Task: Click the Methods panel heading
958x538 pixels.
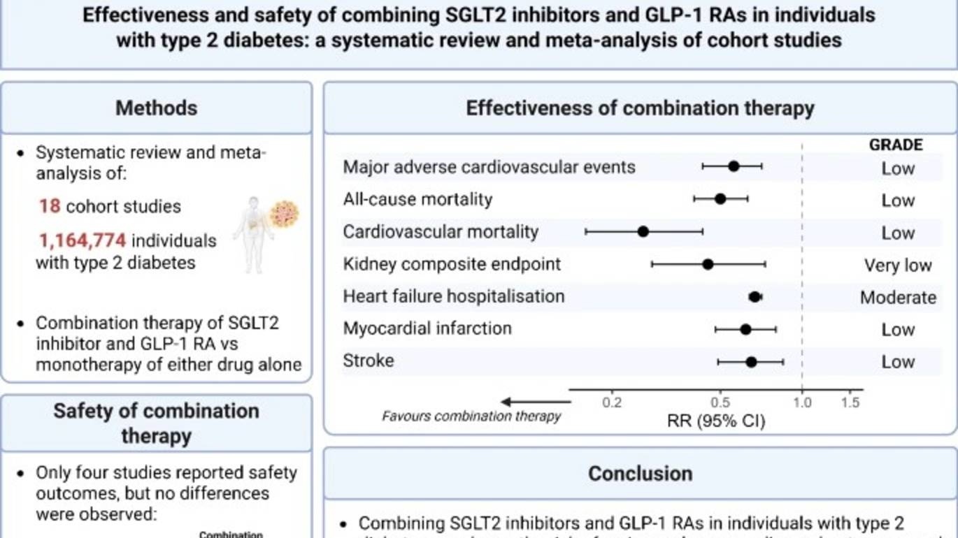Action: click(x=156, y=108)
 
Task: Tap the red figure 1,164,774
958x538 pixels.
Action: click(x=83, y=240)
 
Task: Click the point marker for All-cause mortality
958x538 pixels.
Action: click(x=720, y=199)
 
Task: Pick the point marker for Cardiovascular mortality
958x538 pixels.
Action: click(x=643, y=231)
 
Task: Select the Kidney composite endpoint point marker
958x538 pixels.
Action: click(x=708, y=264)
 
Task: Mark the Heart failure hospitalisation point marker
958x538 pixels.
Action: click(x=755, y=297)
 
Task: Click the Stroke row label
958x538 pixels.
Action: click(x=369, y=361)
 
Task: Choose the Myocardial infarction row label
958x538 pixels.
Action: click(x=427, y=328)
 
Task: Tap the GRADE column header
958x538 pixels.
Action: click(x=896, y=145)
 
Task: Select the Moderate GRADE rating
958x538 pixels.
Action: click(x=898, y=298)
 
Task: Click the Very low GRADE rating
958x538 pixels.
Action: click(x=898, y=266)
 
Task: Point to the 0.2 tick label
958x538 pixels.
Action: click(x=612, y=402)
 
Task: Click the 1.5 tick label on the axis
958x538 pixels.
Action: click(x=850, y=402)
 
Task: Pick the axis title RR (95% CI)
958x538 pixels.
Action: click(x=717, y=421)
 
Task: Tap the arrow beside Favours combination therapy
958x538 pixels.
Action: click(x=536, y=402)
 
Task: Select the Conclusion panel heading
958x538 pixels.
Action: click(x=640, y=474)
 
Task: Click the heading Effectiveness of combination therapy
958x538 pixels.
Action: click(x=640, y=108)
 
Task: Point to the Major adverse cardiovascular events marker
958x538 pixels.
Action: click(x=734, y=166)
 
